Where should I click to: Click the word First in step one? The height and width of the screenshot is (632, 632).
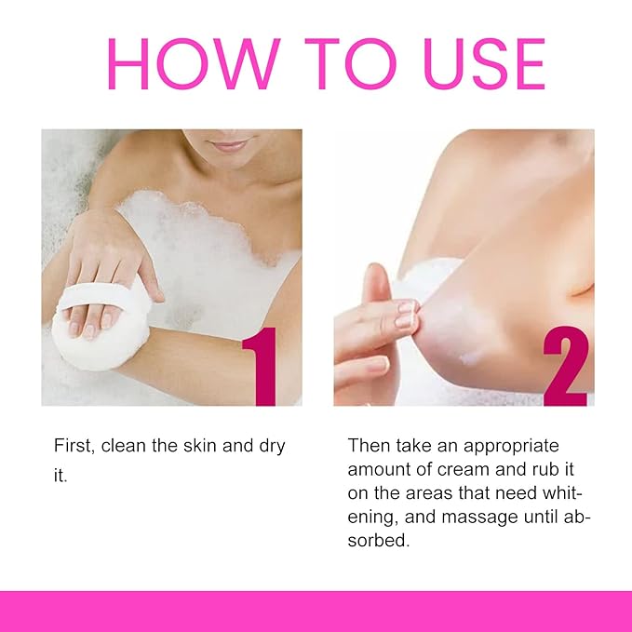tap(72, 446)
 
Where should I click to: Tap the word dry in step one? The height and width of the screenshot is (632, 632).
tap(268, 446)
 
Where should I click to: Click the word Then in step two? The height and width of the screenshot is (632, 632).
tap(368, 446)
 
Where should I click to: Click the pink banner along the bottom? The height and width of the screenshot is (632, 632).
tap(316, 612)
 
